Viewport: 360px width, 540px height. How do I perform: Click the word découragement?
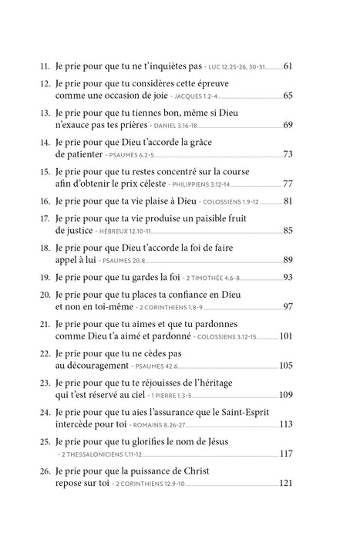click(103, 364)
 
